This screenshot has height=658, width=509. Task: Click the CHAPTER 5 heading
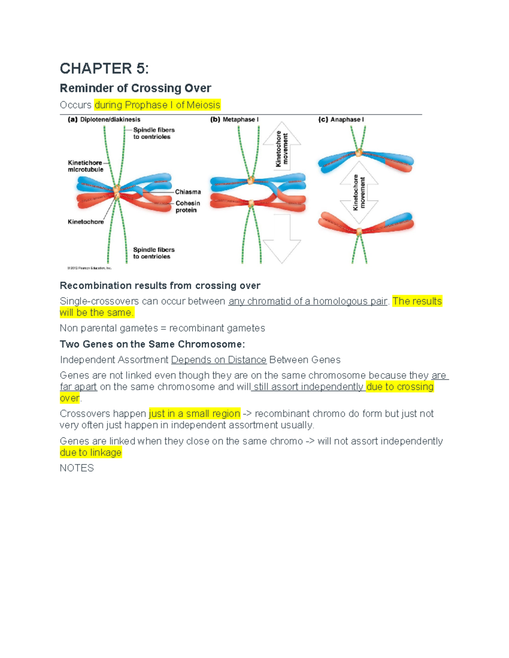pyautogui.click(x=104, y=69)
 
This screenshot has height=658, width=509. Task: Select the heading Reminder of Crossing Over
pyautogui.click(x=135, y=88)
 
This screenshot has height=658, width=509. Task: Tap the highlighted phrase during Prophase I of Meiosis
pyautogui.click(x=157, y=105)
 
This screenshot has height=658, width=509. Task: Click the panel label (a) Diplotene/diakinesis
pyautogui.click(x=104, y=119)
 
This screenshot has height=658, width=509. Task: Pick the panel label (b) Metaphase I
pyautogui.click(x=234, y=119)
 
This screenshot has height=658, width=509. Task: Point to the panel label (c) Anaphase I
pyautogui.click(x=341, y=119)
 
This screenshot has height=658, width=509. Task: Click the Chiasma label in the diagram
pyautogui.click(x=188, y=192)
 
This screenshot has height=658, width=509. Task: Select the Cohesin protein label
pyautogui.click(x=187, y=207)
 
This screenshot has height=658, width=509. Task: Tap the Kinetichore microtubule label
pyautogui.click(x=85, y=166)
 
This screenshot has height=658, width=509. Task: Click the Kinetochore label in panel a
pyautogui.click(x=86, y=222)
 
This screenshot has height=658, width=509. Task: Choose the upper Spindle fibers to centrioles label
pyautogui.click(x=154, y=133)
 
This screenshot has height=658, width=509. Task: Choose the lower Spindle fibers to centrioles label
pyautogui.click(x=154, y=253)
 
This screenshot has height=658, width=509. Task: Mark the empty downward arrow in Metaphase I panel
pyautogui.click(x=282, y=239)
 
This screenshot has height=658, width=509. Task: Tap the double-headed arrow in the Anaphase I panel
pyautogui.click(x=359, y=192)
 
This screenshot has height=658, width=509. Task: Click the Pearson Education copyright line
pyautogui.click(x=89, y=268)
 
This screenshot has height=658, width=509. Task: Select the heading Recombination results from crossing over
pyautogui.click(x=160, y=286)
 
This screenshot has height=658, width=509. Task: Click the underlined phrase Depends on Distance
pyautogui.click(x=218, y=360)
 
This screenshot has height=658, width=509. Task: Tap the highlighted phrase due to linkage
pyautogui.click(x=91, y=453)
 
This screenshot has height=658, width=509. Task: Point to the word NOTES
pyautogui.click(x=77, y=468)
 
